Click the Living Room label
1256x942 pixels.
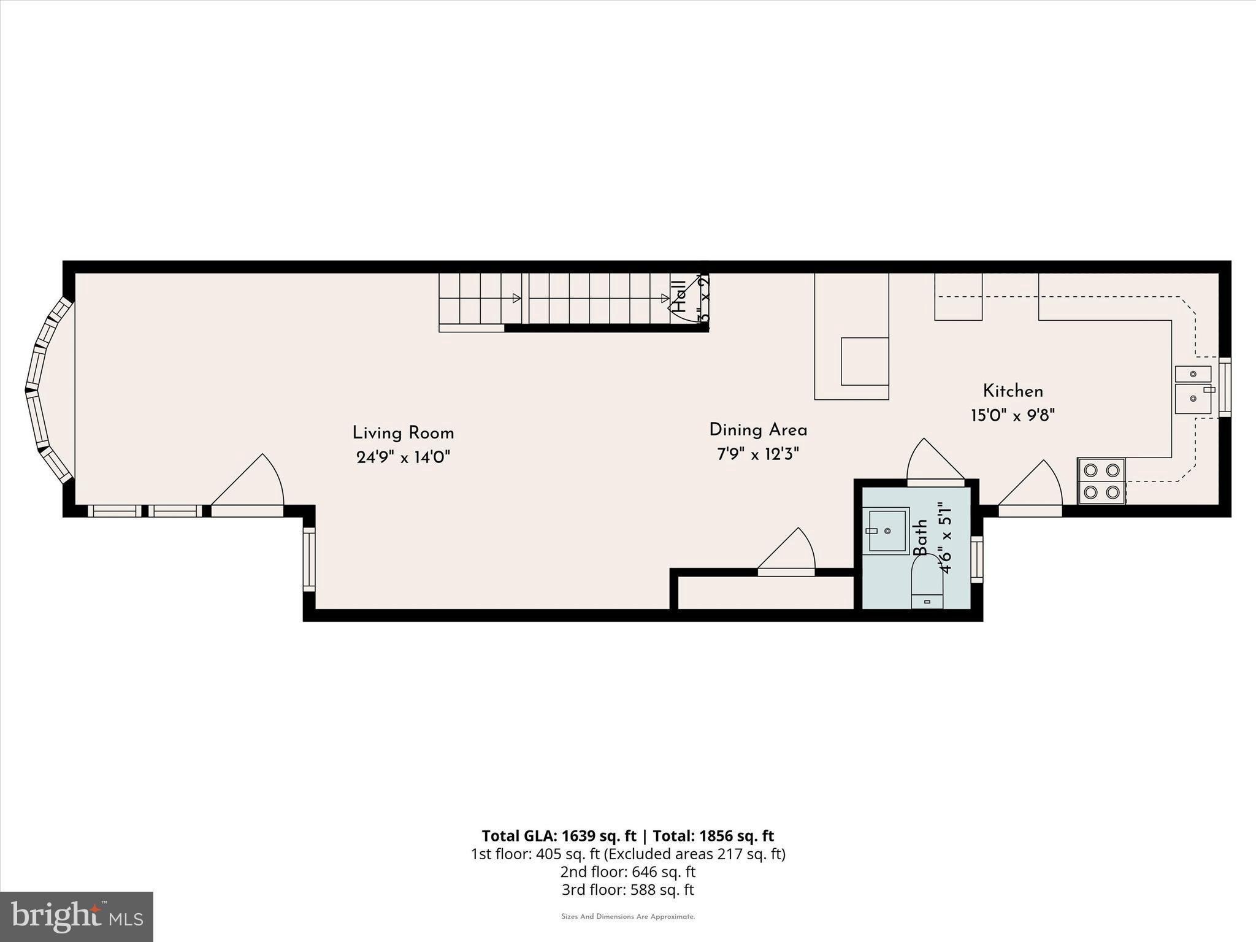point(403,433)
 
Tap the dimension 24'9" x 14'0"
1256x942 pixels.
point(403,458)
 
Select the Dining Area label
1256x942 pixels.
point(758,430)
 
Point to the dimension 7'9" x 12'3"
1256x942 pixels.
point(758,454)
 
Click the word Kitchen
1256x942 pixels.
point(1013,391)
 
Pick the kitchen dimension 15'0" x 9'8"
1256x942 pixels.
point(1013,416)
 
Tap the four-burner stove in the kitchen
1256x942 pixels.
point(1101,481)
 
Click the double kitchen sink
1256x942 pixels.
point(1193,390)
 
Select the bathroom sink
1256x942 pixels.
point(886,530)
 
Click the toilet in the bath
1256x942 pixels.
point(927,586)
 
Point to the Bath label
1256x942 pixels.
point(921,538)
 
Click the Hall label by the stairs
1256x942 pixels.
point(680,297)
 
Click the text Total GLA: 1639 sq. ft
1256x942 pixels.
point(559,836)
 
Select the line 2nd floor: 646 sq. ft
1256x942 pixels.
point(627,871)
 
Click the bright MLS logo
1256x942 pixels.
point(77,916)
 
